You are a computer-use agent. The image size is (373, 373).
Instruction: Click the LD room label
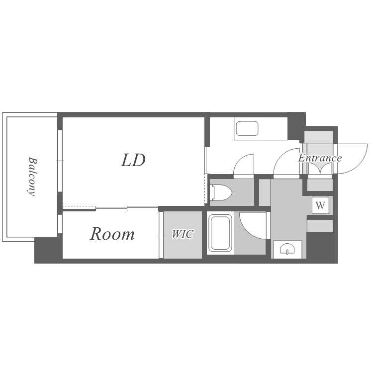click(133, 160)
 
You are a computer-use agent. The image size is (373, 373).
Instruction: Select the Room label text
click(112, 234)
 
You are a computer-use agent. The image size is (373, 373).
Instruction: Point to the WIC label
click(183, 234)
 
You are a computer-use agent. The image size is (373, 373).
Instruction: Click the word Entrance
click(320, 158)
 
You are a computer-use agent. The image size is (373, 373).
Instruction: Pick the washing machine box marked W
click(320, 205)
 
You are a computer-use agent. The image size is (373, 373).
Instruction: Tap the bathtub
click(220, 233)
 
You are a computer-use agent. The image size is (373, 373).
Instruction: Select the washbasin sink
click(287, 249)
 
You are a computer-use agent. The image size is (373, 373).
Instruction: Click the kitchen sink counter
click(247, 129)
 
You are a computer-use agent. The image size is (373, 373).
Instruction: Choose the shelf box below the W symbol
click(320, 226)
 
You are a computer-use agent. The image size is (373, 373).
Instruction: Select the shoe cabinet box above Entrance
click(319, 137)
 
